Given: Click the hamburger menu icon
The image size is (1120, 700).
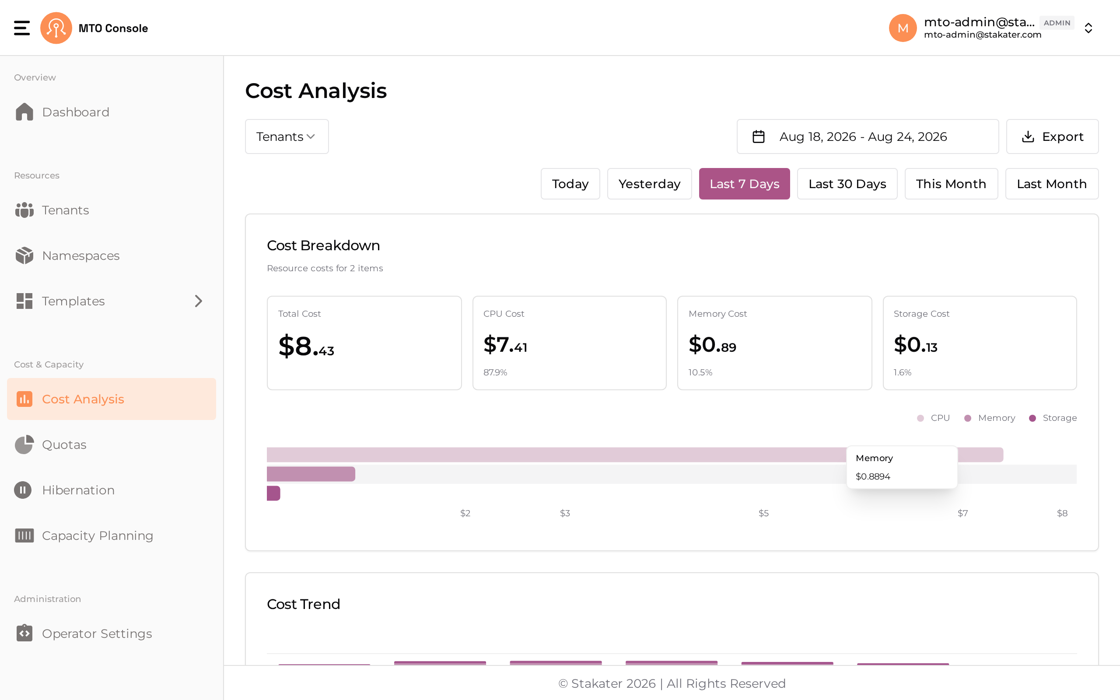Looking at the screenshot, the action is (22, 28).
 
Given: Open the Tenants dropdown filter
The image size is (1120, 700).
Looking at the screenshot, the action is (287, 136).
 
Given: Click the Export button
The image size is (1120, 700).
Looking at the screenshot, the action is (1052, 136).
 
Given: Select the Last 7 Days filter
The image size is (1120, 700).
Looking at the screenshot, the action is (744, 184).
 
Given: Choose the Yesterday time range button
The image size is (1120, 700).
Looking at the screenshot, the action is (649, 184).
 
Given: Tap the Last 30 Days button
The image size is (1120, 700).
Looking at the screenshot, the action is (847, 184).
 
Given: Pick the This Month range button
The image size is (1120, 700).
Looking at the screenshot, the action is (951, 184).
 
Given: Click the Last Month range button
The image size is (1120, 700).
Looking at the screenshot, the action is (1051, 184).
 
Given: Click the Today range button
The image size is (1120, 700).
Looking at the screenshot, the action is (570, 184).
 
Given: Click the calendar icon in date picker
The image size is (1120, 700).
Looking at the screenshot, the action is (759, 136).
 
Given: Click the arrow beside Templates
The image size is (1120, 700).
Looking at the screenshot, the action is (199, 301).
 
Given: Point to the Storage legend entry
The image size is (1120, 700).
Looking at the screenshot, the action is (1053, 418).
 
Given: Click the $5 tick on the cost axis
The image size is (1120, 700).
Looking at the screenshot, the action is (763, 513).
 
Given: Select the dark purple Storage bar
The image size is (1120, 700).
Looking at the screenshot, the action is (273, 493).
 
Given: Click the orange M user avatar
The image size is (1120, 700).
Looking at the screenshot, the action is (903, 28).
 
